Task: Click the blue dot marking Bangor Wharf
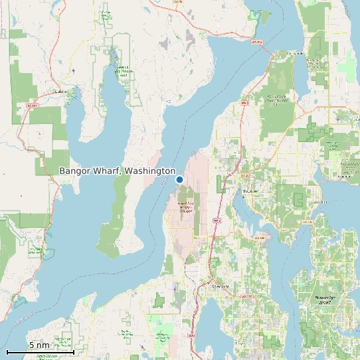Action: (x=179, y=179)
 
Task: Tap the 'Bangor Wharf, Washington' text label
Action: (x=117, y=171)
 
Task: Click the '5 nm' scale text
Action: (x=39, y=345)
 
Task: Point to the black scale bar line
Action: (x=40, y=352)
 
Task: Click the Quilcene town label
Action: (x=61, y=92)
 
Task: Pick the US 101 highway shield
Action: (x=31, y=105)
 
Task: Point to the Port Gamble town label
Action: (x=296, y=52)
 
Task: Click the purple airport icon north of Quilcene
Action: (x=73, y=70)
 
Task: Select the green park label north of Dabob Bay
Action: (x=122, y=70)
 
